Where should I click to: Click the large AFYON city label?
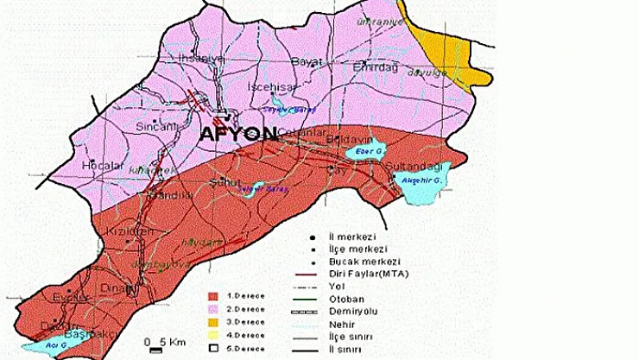coord(237,135)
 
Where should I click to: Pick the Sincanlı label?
coord(156,126)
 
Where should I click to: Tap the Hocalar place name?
coord(98,164)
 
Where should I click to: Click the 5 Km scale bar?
coord(155,348)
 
